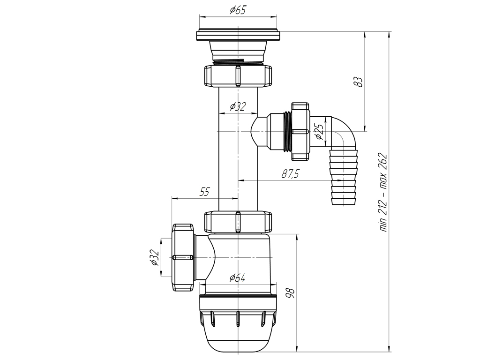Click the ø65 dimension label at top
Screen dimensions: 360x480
point(238,10)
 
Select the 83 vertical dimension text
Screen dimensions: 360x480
point(359,82)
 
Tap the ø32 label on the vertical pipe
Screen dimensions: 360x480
point(238,107)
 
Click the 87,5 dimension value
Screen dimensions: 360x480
point(291,173)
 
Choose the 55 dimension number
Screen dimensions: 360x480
point(204,191)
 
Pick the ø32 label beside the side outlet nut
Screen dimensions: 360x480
point(154,258)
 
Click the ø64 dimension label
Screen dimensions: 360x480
point(238,278)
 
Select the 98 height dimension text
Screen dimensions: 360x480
point(290,294)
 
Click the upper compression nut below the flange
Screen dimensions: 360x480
point(238,75)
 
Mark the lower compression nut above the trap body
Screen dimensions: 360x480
point(238,222)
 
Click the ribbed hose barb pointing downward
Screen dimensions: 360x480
point(344,178)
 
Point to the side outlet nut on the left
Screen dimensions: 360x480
point(184,258)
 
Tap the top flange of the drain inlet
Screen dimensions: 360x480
point(238,36)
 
